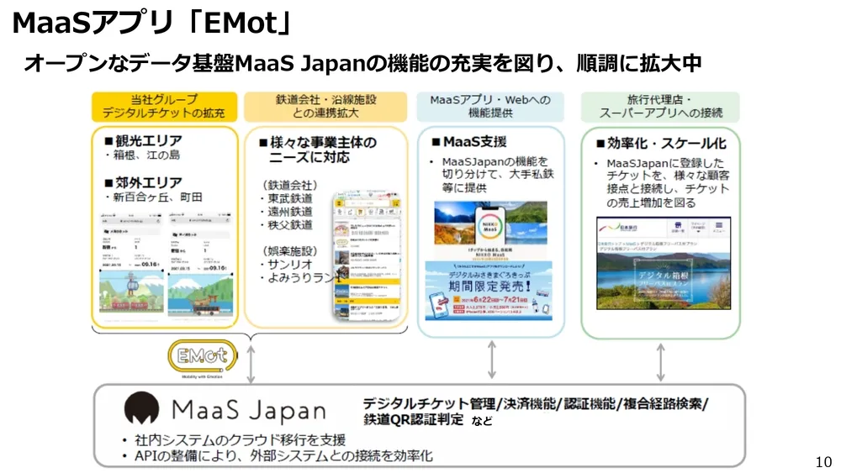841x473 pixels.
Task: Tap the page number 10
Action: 823,461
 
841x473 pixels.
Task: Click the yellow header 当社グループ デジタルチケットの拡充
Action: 164,106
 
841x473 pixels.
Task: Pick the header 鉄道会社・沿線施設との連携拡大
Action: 325,106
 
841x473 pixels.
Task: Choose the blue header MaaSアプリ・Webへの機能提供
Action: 490,106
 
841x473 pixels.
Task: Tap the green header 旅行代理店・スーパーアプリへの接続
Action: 660,106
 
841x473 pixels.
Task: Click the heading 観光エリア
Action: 142,139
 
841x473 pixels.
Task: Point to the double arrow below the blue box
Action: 492,360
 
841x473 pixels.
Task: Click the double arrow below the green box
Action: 660,360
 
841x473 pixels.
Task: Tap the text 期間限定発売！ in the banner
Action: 489,285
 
